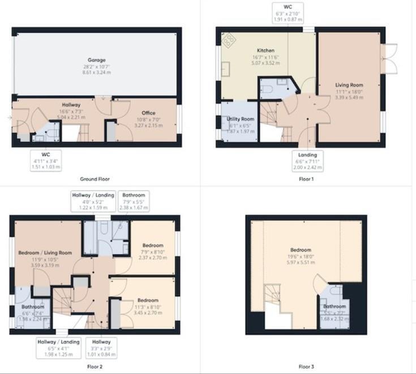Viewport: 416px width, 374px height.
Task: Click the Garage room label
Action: (96, 60)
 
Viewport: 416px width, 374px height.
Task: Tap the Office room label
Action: (148, 113)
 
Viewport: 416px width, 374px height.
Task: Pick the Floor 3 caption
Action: (305, 366)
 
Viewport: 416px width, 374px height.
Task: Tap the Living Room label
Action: (349, 85)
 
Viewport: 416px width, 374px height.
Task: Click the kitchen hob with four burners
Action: (229, 40)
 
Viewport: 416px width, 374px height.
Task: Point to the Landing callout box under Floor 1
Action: (307, 161)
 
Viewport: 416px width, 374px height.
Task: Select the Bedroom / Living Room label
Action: (45, 252)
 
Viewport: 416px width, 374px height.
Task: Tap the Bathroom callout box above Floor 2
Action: (134, 201)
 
